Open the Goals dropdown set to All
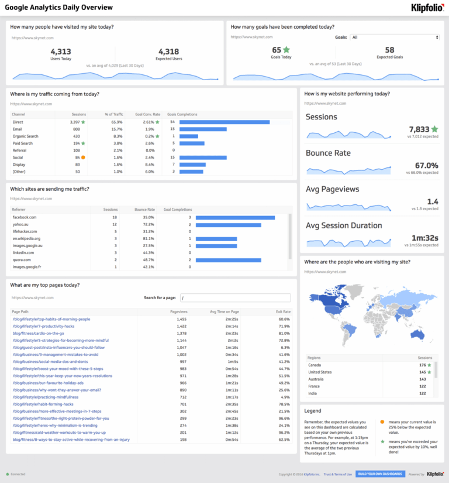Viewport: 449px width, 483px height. coord(395,37)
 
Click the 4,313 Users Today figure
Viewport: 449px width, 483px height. coord(61,52)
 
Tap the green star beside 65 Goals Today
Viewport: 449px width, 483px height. coord(286,50)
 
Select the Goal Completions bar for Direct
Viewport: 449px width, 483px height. coord(224,122)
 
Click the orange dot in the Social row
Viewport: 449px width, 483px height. coord(84,157)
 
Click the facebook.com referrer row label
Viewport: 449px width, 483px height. coord(25,217)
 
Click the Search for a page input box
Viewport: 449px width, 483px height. coord(235,297)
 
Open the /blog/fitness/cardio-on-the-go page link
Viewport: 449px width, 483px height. coord(39,333)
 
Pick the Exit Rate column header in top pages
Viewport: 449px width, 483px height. coord(284,312)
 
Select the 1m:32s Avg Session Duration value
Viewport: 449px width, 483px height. coord(423,238)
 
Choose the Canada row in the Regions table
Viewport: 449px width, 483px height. coord(316,365)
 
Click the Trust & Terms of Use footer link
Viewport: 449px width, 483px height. coord(338,474)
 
